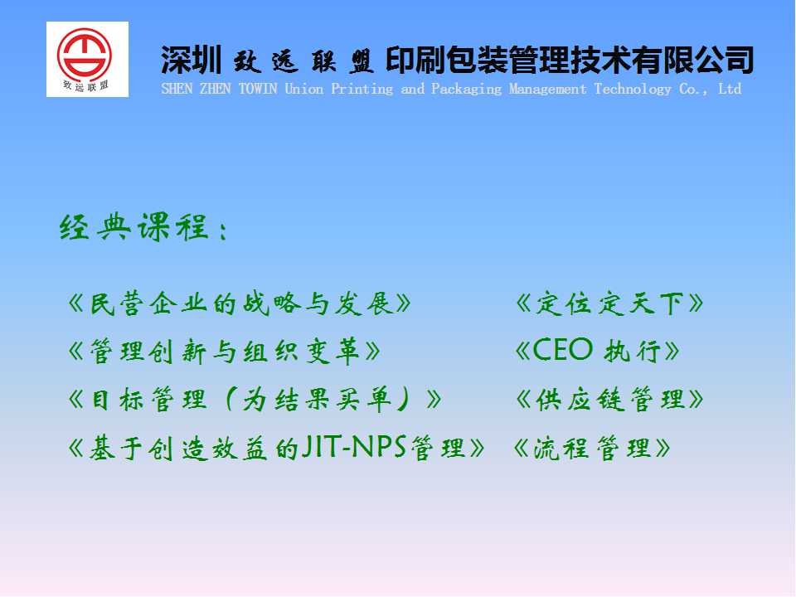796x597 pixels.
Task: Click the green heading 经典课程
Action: click(134, 226)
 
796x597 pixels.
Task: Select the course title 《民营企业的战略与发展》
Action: click(239, 303)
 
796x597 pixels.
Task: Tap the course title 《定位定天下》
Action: click(609, 303)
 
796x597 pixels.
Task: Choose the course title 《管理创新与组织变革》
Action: click(224, 352)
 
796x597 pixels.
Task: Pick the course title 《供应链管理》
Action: click(609, 399)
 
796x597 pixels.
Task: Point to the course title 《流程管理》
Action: click(592, 449)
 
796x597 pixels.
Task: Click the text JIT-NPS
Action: click(354, 447)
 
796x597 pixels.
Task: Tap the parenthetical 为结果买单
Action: click(317, 399)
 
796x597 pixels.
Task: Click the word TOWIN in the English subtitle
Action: click(258, 89)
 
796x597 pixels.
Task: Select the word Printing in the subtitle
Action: click(362, 90)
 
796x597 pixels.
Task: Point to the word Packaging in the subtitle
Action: click(466, 90)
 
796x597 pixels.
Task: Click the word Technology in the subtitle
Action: click(633, 90)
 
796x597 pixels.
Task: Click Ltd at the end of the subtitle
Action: click(730, 89)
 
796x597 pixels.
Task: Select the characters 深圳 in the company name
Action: click(191, 60)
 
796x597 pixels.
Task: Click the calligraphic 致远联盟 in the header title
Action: click(303, 61)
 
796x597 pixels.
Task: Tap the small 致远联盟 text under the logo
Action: click(85, 85)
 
